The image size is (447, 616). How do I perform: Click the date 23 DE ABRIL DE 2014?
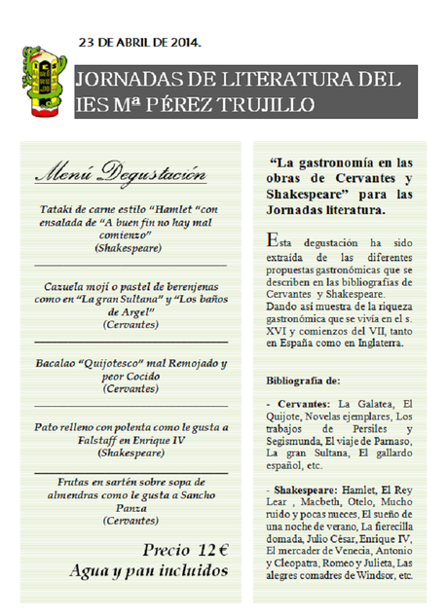[x=140, y=43]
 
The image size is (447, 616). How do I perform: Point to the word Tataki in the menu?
[x=58, y=210]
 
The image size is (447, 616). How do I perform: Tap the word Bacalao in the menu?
[x=60, y=364]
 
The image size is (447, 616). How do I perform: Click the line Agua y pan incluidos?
[x=148, y=571]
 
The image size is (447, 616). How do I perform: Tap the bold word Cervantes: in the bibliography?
[x=303, y=403]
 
